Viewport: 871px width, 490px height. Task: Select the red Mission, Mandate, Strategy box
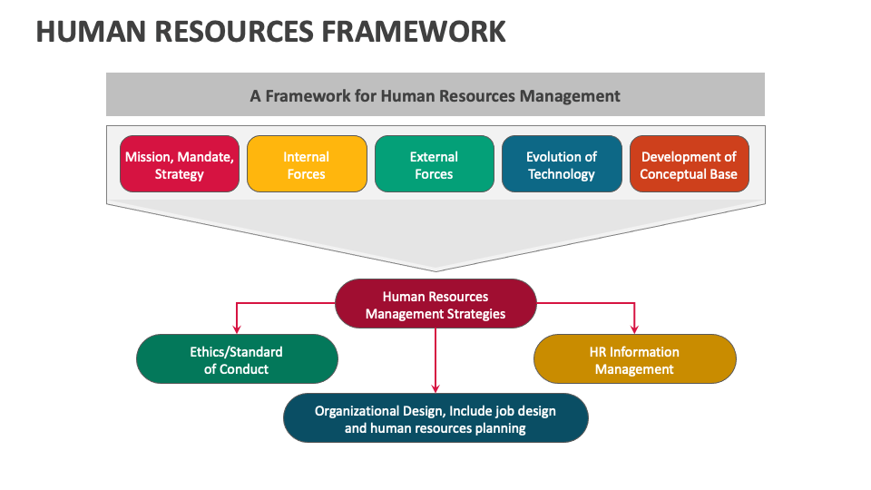click(x=180, y=164)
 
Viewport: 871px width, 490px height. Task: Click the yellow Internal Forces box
click(x=307, y=164)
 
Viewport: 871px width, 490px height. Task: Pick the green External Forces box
click(x=434, y=164)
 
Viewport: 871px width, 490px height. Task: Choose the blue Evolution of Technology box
click(x=562, y=164)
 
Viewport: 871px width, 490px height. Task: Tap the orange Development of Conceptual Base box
click(x=689, y=164)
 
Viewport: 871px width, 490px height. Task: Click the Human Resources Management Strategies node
click(x=435, y=304)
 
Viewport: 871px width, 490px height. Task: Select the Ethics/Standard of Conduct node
click(x=237, y=359)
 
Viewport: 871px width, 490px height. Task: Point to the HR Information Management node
click(x=634, y=359)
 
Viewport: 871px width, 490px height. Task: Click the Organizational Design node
click(x=435, y=417)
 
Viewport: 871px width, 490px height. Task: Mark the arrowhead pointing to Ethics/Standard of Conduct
click(x=237, y=328)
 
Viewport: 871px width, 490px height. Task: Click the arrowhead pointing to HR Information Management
click(x=634, y=328)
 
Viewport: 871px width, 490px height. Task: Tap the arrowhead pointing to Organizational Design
click(x=435, y=387)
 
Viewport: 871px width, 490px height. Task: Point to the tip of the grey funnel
click(x=435, y=269)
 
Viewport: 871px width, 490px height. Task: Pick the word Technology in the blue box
click(x=562, y=174)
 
